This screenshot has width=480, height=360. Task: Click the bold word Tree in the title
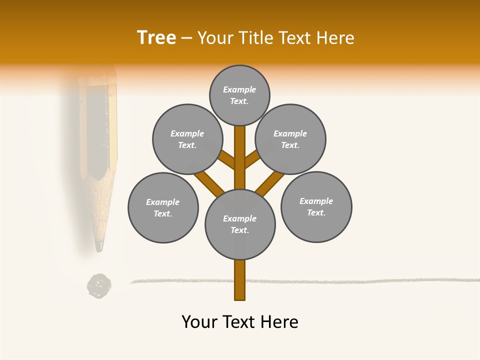pyautogui.click(x=156, y=37)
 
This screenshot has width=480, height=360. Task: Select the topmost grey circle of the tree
pyautogui.click(x=239, y=95)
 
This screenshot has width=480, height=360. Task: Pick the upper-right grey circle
pyautogui.click(x=290, y=139)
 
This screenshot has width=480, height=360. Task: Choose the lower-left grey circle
pyautogui.click(x=163, y=207)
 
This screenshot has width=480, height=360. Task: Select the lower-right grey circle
pyautogui.click(x=316, y=206)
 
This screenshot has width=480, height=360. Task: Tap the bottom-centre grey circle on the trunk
pyautogui.click(x=240, y=224)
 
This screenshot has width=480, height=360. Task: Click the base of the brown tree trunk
pyautogui.click(x=240, y=292)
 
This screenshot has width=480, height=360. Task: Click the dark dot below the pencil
pyautogui.click(x=99, y=286)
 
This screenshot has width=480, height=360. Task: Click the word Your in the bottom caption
pyautogui.click(x=200, y=321)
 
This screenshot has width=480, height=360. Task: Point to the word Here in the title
pyautogui.click(x=335, y=37)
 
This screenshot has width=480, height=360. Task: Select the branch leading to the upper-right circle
pyautogui.click(x=252, y=159)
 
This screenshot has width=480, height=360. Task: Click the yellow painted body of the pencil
pyautogui.click(x=113, y=125)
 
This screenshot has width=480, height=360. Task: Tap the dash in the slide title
pyautogui.click(x=186, y=38)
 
